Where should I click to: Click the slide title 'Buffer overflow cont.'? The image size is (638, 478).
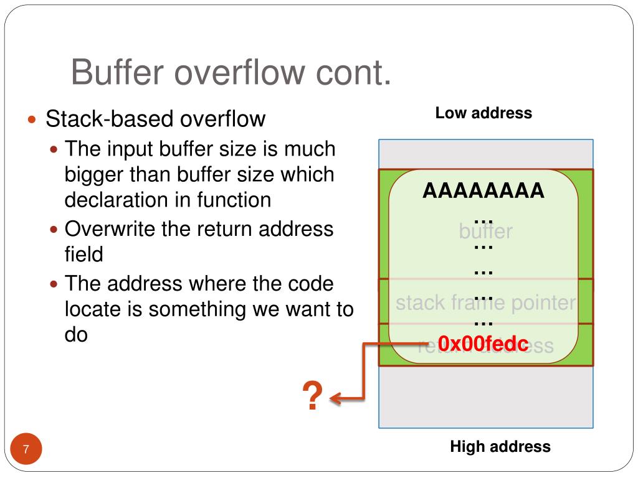231,72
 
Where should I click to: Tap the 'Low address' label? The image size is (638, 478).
483,113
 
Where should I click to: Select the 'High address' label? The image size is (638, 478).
500,446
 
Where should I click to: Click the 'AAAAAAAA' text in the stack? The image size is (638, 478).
483,190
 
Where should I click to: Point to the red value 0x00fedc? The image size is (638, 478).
483,344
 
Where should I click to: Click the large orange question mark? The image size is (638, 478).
312,396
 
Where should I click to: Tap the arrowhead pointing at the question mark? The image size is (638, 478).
335,398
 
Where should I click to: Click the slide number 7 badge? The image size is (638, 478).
26,449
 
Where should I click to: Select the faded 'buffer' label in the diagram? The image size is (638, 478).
485,232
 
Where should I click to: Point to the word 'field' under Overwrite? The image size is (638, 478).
83,255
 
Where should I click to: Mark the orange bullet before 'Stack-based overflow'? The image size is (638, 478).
34,119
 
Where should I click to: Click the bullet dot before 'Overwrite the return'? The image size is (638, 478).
54,230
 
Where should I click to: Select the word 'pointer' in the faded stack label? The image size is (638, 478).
541,303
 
